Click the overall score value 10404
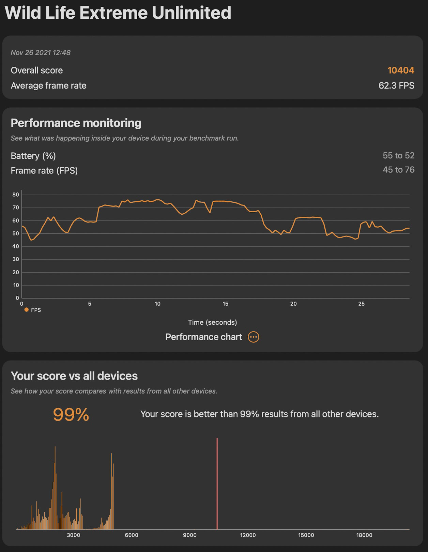pos(401,71)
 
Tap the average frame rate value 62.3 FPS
pos(396,86)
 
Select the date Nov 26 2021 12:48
pos(41,52)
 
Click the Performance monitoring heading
pos(76,123)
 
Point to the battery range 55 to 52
pos(398,156)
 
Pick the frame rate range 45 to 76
pos(398,170)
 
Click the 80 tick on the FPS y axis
pos(16,195)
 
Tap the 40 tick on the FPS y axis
pos(16,246)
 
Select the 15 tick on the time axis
pos(225,304)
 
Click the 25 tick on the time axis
pos(361,304)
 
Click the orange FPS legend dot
pos(27,310)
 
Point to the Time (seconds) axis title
pos(212,322)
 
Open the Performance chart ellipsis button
pos(254,337)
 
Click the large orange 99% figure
pos(71,415)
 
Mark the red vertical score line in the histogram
pos(217,484)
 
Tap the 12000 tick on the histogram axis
pos(248,535)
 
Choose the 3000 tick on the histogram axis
pos(73,535)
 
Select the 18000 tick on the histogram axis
pos(364,535)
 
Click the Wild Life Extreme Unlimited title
pos(118,13)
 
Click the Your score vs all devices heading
pos(74,376)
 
